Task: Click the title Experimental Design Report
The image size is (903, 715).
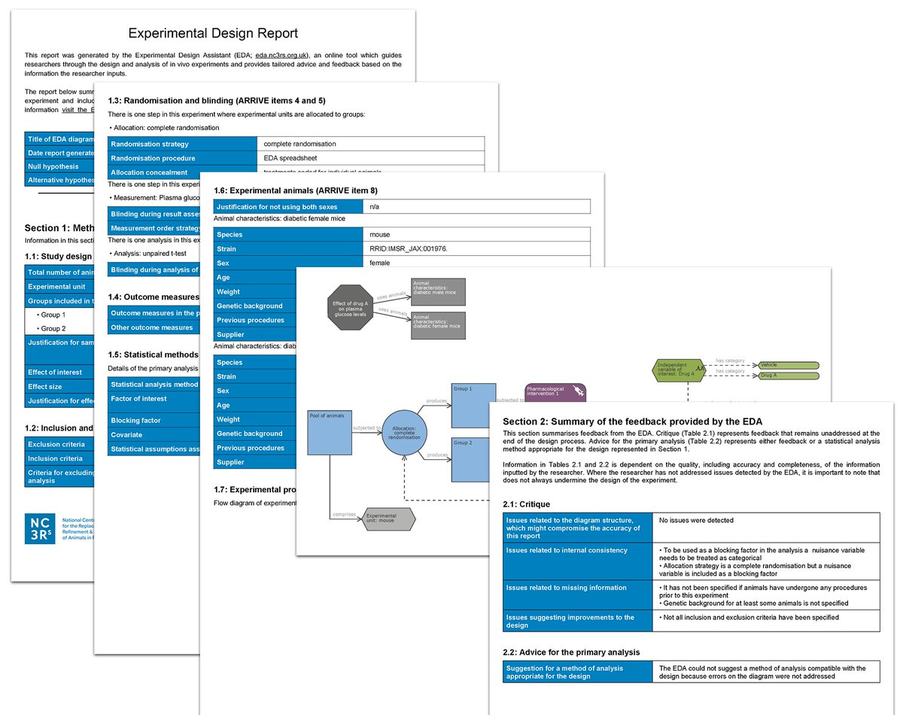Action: point(213,33)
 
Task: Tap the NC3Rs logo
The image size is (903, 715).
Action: point(40,528)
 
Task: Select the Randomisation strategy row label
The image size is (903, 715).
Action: point(149,144)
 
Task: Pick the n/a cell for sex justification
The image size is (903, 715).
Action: point(374,206)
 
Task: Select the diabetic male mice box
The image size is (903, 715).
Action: point(438,291)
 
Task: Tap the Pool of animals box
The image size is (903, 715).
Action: point(330,433)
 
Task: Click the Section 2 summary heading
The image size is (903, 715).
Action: point(632,421)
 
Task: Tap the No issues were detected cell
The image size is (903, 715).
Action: point(696,520)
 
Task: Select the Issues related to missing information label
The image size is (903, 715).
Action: point(566,588)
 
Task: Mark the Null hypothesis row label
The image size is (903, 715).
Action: point(53,166)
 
